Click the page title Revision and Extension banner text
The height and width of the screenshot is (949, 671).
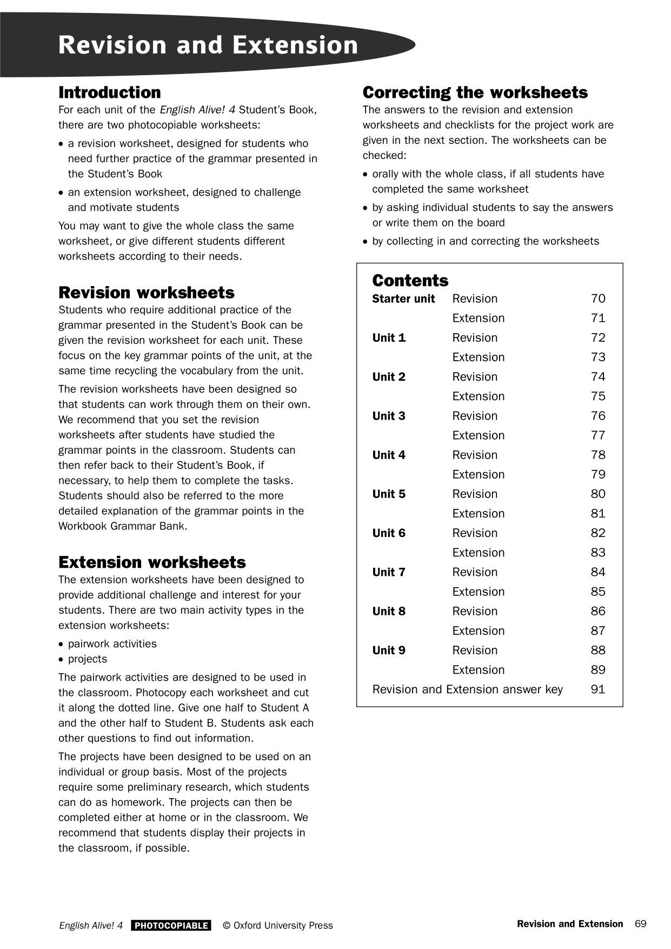[x=208, y=45]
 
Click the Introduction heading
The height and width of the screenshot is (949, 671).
[x=110, y=92]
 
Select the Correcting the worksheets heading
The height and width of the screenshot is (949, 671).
[x=475, y=92]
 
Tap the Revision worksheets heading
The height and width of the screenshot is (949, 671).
[x=147, y=293]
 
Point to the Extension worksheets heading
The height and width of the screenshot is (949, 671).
[x=152, y=562]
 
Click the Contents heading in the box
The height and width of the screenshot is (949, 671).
[x=410, y=281]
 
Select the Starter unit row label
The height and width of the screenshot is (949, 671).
[x=403, y=299]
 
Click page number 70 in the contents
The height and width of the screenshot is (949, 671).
[x=597, y=299]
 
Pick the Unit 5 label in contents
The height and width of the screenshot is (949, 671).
[x=389, y=494]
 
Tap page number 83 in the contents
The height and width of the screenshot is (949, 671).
[x=597, y=553]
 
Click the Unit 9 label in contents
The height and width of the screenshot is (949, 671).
[x=389, y=651]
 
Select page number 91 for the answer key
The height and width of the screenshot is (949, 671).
[x=597, y=689]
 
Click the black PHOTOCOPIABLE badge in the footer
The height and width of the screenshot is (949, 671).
[x=171, y=925]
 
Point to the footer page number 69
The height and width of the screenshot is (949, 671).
[x=640, y=924]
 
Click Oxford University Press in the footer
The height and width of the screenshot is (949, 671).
[x=283, y=925]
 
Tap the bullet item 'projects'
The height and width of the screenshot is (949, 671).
[x=88, y=659]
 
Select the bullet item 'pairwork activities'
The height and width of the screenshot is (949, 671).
[x=112, y=644]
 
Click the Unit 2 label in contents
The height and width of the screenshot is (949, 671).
[x=389, y=377]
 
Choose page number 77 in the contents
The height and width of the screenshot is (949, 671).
[x=597, y=435]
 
